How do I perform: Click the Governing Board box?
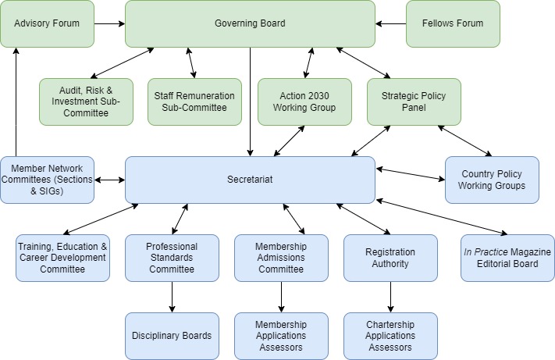250,23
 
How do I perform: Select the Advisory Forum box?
47,23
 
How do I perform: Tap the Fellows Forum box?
453,23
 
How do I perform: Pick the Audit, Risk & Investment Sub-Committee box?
86,102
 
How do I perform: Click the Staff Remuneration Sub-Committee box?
194,102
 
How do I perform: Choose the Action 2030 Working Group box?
304,102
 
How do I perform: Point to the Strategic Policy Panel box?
414,102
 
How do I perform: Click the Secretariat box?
250,180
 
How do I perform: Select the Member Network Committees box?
47,180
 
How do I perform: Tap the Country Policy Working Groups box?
492,180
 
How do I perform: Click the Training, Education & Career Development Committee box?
62,258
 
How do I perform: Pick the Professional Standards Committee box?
172,258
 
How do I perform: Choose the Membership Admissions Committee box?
281,258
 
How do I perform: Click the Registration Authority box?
390,258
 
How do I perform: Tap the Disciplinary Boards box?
172,336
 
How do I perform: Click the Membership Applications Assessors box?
281,336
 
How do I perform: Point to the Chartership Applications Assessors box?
390,336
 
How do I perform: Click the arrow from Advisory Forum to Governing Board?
109,23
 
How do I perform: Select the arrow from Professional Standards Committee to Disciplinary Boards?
172,297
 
